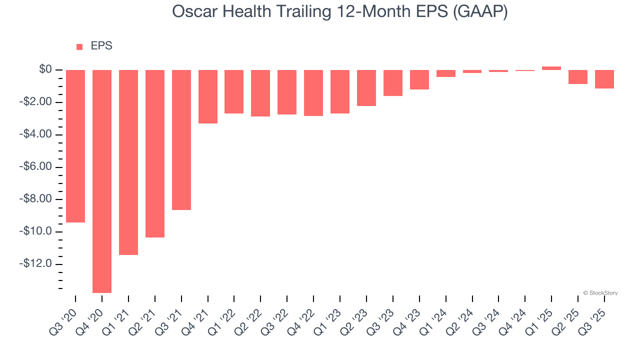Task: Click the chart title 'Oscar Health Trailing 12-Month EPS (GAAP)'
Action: pos(340,12)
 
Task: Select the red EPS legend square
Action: pos(79,47)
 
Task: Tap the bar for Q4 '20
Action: pos(102,181)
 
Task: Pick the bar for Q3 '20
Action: pos(75,146)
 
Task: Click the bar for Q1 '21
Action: pos(128,162)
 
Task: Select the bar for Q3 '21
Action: pos(181,139)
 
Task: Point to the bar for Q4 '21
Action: pos(208,96)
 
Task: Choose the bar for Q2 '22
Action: pos(260,93)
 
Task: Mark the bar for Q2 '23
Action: pos(366,88)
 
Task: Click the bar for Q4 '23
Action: pos(419,79)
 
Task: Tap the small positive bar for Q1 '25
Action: pos(551,68)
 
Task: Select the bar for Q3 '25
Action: pos(604,79)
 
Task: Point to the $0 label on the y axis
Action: pos(45,69)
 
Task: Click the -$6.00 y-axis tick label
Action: pos(37,167)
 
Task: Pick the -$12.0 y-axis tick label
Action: pos(37,264)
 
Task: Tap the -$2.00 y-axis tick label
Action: pos(37,102)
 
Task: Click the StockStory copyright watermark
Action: pos(600,293)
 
